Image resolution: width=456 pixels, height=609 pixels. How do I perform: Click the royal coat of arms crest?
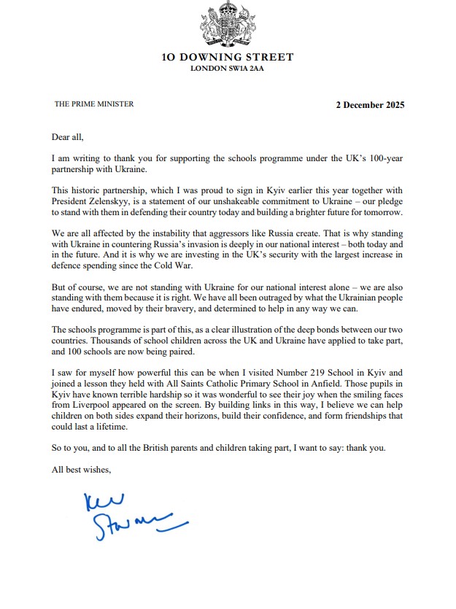[228, 26]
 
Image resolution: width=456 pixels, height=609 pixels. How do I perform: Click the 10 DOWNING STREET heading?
[228, 57]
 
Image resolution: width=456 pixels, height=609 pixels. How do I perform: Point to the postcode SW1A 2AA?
[245, 69]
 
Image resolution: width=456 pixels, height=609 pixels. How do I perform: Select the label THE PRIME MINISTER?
[94, 104]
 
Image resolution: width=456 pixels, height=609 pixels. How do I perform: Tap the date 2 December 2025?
[370, 104]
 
